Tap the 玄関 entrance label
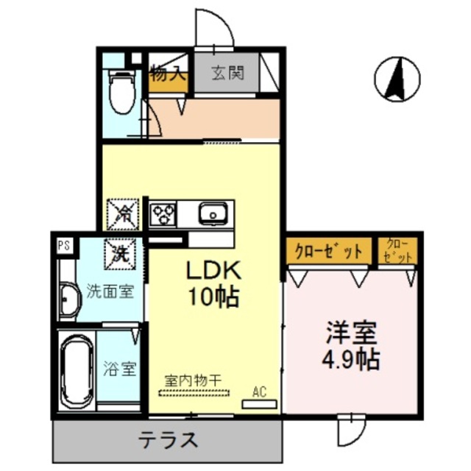(x=228, y=74)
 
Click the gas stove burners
(x=163, y=215)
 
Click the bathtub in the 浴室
(x=77, y=372)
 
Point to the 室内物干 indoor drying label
(x=193, y=380)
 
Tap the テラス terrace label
(x=169, y=440)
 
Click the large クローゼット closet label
(x=329, y=251)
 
